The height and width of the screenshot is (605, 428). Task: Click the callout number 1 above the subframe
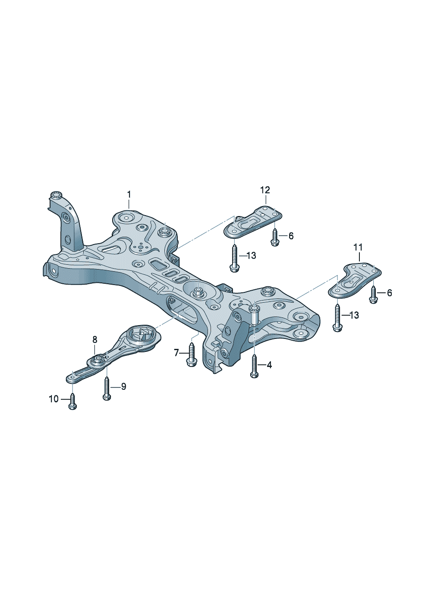point(129,194)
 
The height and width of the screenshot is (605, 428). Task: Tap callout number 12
point(265,190)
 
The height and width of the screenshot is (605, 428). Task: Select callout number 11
point(358,247)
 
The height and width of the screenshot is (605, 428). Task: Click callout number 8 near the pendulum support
point(94,339)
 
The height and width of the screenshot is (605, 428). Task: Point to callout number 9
point(123,387)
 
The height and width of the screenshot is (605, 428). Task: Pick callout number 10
point(54,398)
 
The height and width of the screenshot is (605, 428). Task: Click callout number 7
point(176,352)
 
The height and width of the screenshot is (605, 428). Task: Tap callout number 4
point(269,365)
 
